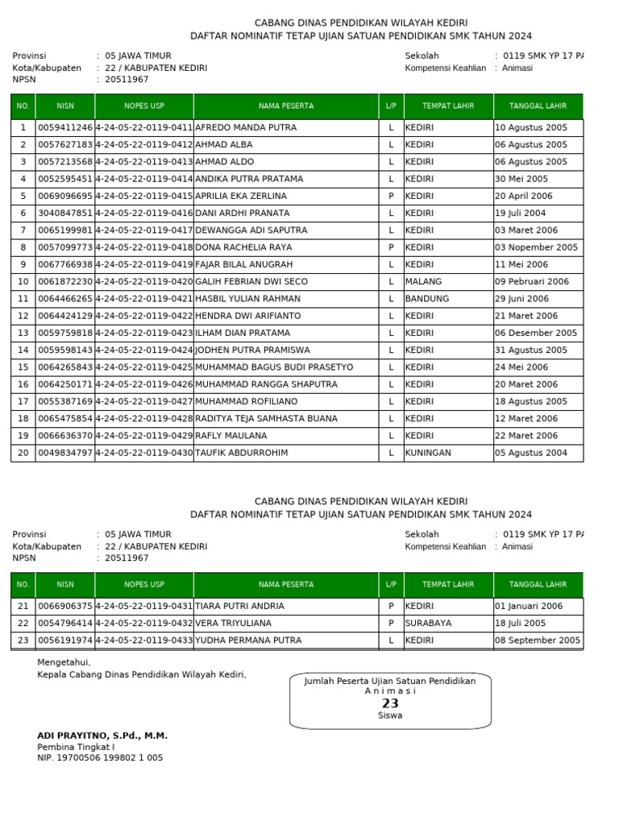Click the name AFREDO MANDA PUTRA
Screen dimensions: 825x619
pyautogui.click(x=246, y=127)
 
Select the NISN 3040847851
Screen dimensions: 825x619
pyautogui.click(x=65, y=213)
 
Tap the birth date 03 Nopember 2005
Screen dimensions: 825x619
pyautogui.click(x=536, y=247)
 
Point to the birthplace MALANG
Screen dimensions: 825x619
pyautogui.click(x=423, y=282)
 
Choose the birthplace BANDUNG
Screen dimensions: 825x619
pyautogui.click(x=427, y=299)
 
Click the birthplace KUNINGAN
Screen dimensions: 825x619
pyautogui.click(x=428, y=453)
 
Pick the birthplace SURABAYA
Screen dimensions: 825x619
pyautogui.click(x=428, y=623)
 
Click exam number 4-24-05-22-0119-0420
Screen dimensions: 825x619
pyautogui.click(x=144, y=282)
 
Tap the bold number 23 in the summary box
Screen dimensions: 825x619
pyautogui.click(x=390, y=703)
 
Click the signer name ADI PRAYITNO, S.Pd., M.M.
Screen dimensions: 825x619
pyautogui.click(x=102, y=736)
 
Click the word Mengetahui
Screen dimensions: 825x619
pyautogui.click(x=64, y=662)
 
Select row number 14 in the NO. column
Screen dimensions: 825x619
pyautogui.click(x=23, y=350)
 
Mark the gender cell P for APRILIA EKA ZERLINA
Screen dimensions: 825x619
pyautogui.click(x=391, y=196)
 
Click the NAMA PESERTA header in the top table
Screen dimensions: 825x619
pyautogui.click(x=286, y=106)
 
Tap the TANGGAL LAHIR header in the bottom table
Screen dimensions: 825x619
pyautogui.click(x=538, y=585)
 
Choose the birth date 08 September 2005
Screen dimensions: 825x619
pyautogui.click(x=538, y=641)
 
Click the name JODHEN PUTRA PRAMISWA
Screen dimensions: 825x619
pyautogui.click(x=252, y=350)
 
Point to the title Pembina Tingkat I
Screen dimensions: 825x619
pyautogui.click(x=76, y=747)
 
